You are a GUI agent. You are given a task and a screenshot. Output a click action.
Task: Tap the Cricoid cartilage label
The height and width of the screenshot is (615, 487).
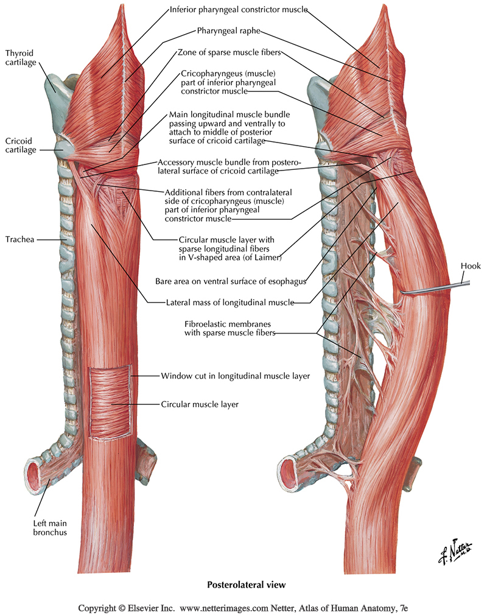tap(21, 145)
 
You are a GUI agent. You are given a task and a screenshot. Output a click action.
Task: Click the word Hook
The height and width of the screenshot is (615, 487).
tap(471, 265)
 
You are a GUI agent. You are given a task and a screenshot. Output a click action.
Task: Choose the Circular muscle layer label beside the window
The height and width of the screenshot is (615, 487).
tap(199, 404)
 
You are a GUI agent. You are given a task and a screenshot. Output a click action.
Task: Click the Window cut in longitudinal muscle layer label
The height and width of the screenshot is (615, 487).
tap(235, 376)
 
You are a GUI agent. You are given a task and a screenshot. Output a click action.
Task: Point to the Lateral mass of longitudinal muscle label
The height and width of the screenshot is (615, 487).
tap(230, 302)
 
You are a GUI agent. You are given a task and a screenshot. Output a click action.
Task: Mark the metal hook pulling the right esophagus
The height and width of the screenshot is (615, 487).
tap(426, 290)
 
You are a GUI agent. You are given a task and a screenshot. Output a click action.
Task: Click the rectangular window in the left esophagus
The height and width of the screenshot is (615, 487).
tap(110, 401)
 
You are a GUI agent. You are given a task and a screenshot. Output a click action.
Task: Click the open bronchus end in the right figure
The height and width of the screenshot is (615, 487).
tap(289, 473)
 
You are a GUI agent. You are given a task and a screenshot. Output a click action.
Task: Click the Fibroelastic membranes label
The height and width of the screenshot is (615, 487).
tap(229, 328)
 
